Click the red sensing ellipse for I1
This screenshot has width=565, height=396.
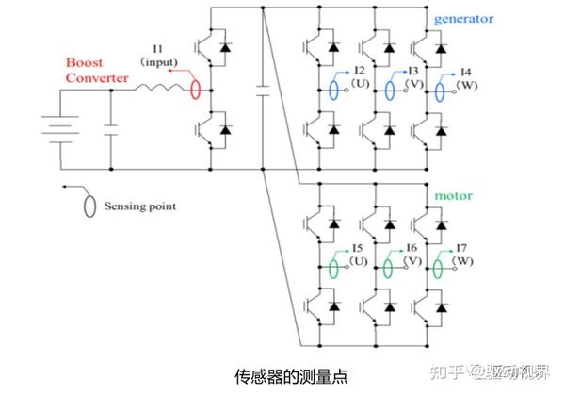click(x=194, y=90)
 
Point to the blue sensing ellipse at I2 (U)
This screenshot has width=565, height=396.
click(x=334, y=91)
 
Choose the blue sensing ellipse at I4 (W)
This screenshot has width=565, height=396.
click(x=443, y=91)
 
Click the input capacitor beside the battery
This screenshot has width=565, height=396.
click(x=111, y=129)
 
